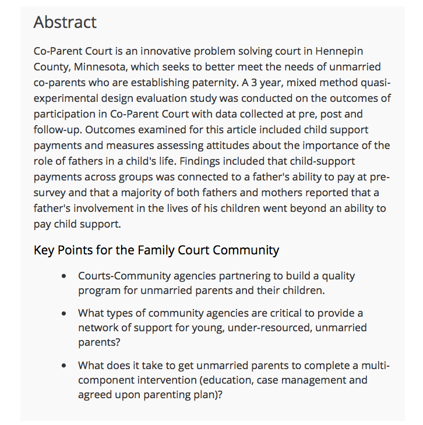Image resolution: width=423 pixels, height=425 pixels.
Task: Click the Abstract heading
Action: tap(65, 22)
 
